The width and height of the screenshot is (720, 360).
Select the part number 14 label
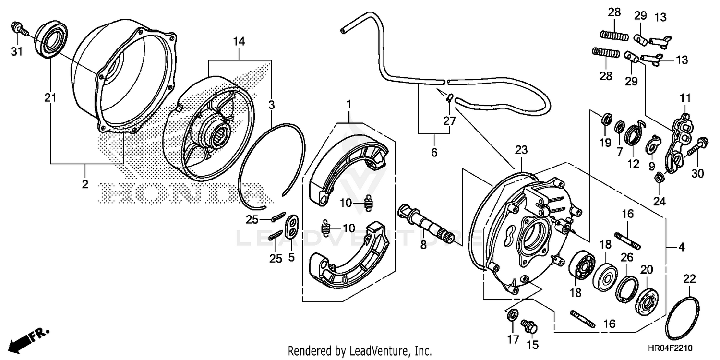(x=239, y=42)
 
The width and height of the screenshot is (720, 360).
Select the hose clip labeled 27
(x=449, y=98)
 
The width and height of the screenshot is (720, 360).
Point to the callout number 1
(x=349, y=104)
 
